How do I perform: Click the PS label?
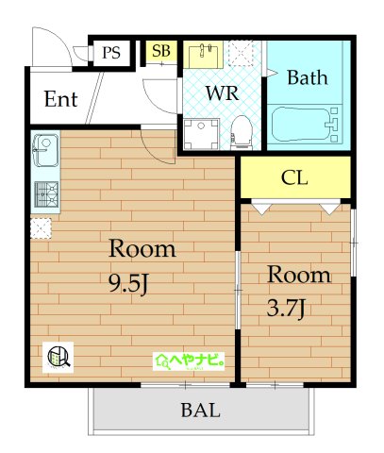(111, 52)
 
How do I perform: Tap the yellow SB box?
(161, 51)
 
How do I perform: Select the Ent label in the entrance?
(61, 99)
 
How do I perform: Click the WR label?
(223, 92)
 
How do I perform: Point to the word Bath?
(308, 77)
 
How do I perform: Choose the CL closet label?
(294, 177)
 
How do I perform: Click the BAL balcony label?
(200, 411)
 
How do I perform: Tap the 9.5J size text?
(128, 284)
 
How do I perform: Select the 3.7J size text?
(286, 309)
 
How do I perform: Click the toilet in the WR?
(242, 132)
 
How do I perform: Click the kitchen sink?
(46, 151)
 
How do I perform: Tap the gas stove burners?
(46, 194)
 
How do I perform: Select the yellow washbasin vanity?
(203, 55)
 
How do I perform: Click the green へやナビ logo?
(189, 361)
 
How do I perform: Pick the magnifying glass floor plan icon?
(58, 358)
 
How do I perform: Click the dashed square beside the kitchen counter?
(41, 228)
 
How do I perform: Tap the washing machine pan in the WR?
(201, 134)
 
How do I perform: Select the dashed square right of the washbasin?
(241, 53)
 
